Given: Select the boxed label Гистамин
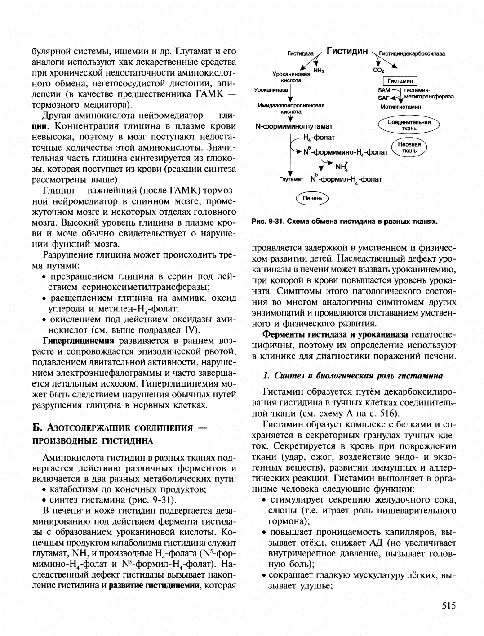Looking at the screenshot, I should pyautogui.click(x=400, y=81).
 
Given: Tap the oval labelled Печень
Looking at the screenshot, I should pyautogui.click(x=312, y=198).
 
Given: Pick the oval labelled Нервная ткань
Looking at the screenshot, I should pyautogui.click(x=409, y=147).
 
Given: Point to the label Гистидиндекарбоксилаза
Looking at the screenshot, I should pyautogui.click(x=412, y=54).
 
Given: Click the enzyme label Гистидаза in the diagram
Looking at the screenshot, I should pyautogui.click(x=300, y=54).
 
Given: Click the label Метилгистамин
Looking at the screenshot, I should pyautogui.click(x=400, y=107).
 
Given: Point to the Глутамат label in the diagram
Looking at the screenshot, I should pyautogui.click(x=291, y=179).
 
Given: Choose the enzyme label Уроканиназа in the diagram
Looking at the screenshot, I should pyautogui.click(x=271, y=90).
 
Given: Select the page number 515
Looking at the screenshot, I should pyautogui.click(x=448, y=606).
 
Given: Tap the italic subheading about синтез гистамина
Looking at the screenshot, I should pyautogui.click(x=352, y=376).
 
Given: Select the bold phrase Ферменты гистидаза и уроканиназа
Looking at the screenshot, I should pyautogui.click(x=335, y=334).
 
